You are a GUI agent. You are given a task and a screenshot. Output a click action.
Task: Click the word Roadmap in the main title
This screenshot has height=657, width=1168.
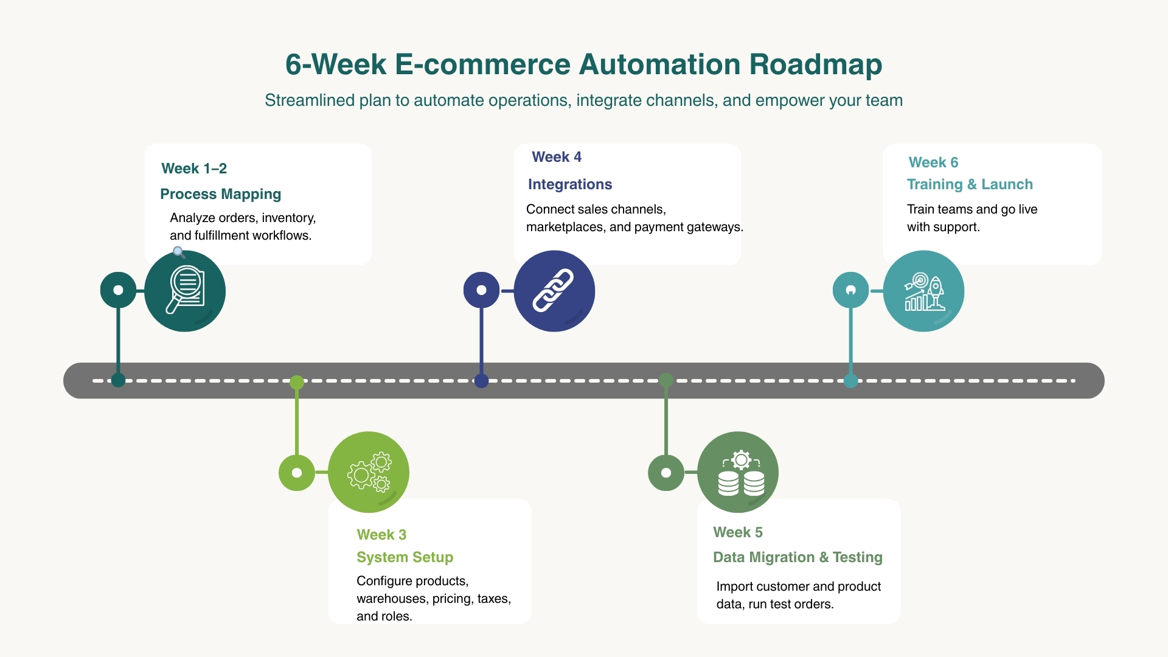[x=815, y=64]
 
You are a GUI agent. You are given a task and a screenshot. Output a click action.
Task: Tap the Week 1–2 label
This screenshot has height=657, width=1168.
[x=194, y=169]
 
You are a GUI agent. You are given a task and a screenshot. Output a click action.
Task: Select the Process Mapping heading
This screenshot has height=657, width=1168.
[x=220, y=194]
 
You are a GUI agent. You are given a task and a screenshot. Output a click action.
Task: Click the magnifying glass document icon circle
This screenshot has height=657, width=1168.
[x=185, y=291]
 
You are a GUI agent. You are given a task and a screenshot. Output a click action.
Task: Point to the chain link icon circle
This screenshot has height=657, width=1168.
[x=554, y=291]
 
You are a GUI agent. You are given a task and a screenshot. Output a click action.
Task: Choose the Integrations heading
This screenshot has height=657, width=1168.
[x=570, y=184]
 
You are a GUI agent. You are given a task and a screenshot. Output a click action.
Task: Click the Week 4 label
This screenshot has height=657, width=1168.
[x=557, y=157]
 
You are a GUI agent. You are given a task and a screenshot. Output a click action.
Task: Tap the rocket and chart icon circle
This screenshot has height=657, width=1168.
[x=923, y=291]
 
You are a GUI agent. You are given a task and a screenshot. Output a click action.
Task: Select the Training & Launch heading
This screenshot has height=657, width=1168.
[x=970, y=184]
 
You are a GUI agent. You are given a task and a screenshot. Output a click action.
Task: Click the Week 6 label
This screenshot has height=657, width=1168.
[x=933, y=162]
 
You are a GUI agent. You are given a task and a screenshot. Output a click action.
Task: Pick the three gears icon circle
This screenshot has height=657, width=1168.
[x=369, y=472]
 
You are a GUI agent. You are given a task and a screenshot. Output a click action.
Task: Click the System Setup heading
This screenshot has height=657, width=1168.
[x=405, y=557]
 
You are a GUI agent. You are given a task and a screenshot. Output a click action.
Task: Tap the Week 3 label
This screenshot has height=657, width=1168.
[x=381, y=535]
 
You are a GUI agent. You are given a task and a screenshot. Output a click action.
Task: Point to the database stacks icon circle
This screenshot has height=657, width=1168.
[x=738, y=472]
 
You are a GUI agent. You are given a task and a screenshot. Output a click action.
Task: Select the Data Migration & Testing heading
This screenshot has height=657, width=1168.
[x=798, y=557]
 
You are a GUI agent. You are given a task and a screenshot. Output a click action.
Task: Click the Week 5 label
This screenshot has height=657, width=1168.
[x=737, y=532]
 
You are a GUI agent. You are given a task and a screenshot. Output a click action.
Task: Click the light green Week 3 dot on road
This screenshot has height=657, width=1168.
[x=297, y=382]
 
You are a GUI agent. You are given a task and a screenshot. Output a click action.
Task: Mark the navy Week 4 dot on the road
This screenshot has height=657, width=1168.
[x=481, y=381]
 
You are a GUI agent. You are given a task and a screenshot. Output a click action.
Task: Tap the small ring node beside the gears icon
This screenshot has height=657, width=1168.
[x=297, y=473]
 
